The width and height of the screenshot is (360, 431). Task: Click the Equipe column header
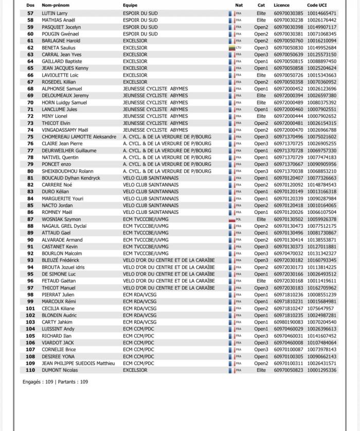point(130,5)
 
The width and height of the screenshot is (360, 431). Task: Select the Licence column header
point(282,5)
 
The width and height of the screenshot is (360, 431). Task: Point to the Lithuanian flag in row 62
point(232,48)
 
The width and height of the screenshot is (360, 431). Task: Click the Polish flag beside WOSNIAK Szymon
point(232,219)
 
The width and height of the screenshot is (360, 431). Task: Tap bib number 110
point(30,370)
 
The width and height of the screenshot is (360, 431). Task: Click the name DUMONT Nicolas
point(60,370)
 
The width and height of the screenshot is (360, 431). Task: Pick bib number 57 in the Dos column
point(30,13)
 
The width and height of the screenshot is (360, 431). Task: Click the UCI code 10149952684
point(322,48)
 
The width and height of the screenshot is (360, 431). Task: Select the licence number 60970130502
point(289,219)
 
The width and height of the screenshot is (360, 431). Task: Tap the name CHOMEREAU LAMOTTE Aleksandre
point(79,137)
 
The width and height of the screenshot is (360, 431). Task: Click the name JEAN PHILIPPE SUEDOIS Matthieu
point(78,363)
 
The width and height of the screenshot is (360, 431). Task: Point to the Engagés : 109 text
point(39,382)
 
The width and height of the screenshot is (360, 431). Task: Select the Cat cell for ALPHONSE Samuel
point(261,89)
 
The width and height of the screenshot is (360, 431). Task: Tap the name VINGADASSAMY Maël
point(65,130)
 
